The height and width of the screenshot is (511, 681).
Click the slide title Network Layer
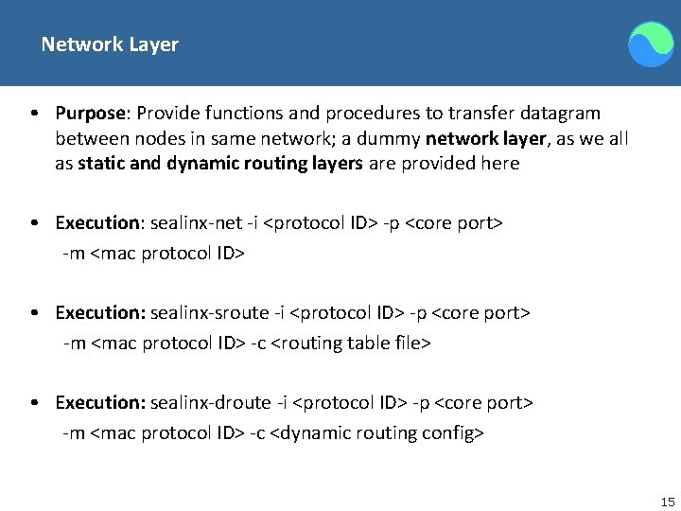(x=110, y=44)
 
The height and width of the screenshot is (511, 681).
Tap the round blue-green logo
(x=651, y=44)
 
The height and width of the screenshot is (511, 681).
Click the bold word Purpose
(x=90, y=114)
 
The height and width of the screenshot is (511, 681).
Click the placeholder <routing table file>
(x=350, y=344)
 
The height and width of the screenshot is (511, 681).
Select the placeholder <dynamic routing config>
(x=377, y=433)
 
